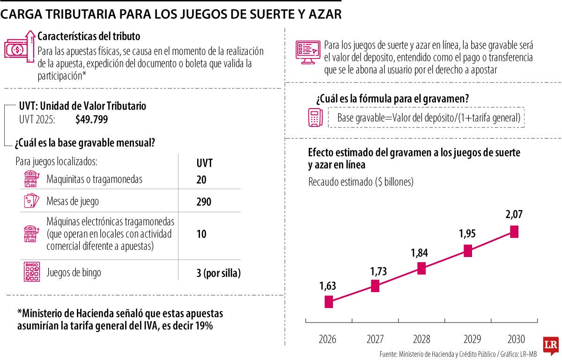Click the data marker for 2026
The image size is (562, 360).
coord(329,302)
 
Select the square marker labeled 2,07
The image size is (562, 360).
coord(514,232)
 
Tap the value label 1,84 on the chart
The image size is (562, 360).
coord(420,253)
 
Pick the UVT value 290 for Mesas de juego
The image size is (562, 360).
coord(204,202)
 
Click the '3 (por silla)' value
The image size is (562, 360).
coord(218,273)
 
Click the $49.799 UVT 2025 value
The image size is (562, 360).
coord(91,119)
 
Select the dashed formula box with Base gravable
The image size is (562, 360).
coord(426,118)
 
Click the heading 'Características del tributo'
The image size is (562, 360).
coord(89,36)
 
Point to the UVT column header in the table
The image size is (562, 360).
coord(204,163)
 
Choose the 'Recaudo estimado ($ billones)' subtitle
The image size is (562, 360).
coord(361,182)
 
